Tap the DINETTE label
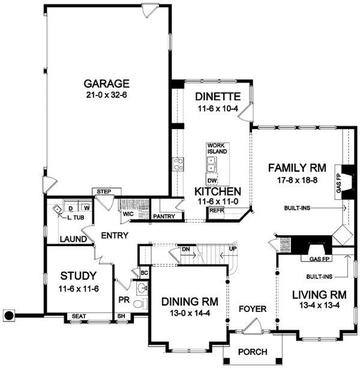[218, 97]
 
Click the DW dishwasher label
[212, 180]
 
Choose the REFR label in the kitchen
[217, 211]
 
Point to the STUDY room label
[78, 277]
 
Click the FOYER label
[251, 311]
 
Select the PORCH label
[251, 352]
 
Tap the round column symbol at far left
[8, 314]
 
